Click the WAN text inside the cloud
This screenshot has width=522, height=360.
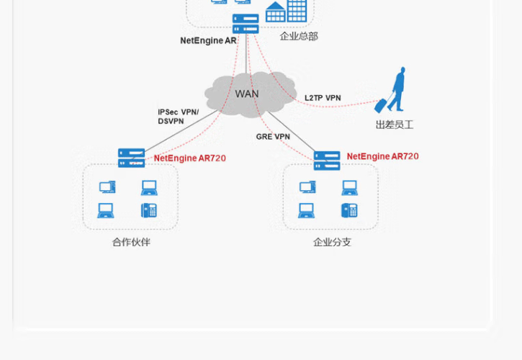pos(246,94)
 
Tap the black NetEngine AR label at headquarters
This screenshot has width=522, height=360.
pos(208,40)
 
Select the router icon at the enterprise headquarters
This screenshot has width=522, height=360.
pos(246,24)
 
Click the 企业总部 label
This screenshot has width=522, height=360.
pos(299,36)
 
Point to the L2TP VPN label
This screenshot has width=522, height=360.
pos(323,98)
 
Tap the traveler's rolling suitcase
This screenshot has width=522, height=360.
pos(381,105)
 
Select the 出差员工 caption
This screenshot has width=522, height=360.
pos(395,125)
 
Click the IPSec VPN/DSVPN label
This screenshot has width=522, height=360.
pos(177,117)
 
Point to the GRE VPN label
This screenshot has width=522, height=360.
pos(273,137)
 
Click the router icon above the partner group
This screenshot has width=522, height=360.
pos(131,158)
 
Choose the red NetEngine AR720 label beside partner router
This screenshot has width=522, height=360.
pos(189,158)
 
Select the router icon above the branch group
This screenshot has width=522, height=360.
pos(327,161)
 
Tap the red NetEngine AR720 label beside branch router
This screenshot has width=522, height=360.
pos(382,156)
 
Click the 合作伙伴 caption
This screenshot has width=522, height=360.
pos(131,242)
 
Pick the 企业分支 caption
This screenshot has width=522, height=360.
pos(332,242)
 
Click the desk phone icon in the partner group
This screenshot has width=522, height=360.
pos(149,210)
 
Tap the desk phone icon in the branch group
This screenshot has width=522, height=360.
pos(349,210)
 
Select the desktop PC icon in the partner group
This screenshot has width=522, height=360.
pos(107,187)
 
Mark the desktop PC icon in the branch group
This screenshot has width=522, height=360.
pos(307,187)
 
